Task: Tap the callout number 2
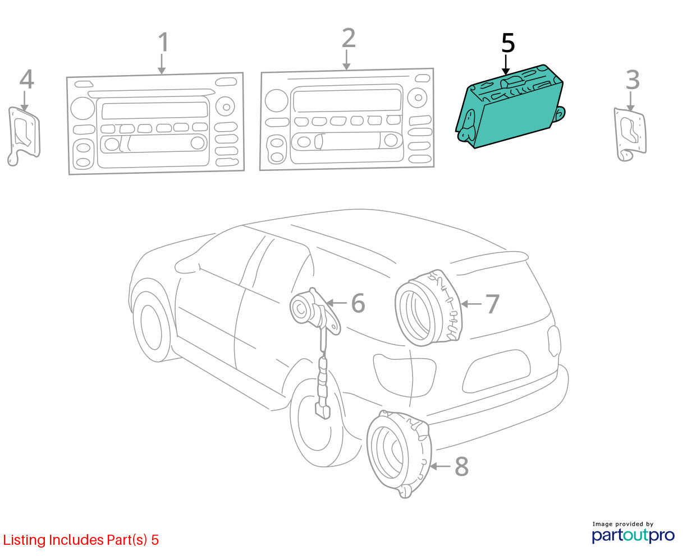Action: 349,38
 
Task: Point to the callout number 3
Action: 633,80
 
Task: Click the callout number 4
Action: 26,79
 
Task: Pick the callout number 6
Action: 358,303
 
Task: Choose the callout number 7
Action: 492,304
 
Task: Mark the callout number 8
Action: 461,466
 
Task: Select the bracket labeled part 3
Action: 630,135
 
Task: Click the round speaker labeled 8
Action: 399,454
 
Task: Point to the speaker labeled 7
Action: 429,308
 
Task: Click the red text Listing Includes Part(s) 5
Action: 81,540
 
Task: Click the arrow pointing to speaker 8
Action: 440,466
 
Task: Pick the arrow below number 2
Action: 346,60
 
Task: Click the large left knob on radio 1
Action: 83,108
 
